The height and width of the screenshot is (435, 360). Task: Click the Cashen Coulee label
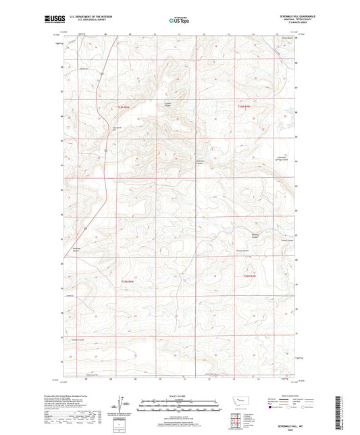click(x=168, y=105)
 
